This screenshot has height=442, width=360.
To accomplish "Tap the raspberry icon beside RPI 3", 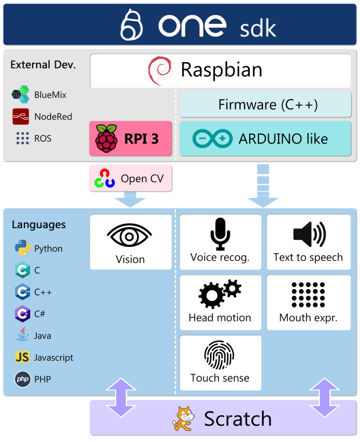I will tap(106, 138).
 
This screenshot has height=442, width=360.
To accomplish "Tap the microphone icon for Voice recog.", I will tap(220, 234).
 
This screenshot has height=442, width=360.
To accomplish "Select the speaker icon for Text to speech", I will tap(308, 233).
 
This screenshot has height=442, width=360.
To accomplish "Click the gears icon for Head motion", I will tap(219, 294).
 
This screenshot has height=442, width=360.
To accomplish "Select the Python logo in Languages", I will tap(22, 249).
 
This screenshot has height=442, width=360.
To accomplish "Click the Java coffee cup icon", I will tap(22, 335).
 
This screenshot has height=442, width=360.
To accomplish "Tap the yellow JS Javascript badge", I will tap(22, 357).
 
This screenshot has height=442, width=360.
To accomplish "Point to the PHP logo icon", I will tap(22, 379).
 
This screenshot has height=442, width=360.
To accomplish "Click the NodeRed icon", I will tap(21, 117).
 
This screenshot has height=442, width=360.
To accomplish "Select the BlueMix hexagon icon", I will tap(21, 94).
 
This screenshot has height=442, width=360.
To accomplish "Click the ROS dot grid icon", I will tap(22, 138).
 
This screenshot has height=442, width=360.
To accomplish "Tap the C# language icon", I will tap(22, 314).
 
